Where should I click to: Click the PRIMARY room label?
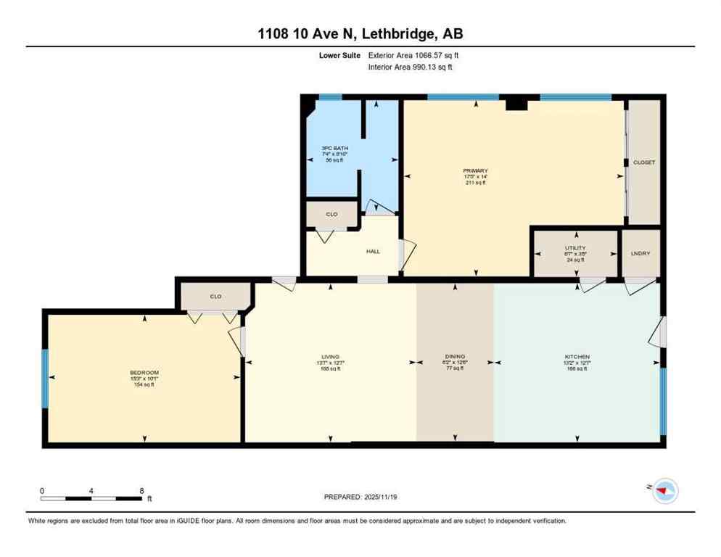[475, 170]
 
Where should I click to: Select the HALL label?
[373, 252]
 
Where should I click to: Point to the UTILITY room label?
[575, 248]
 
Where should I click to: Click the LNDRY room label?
[640, 253]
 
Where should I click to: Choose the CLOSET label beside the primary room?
[643, 162]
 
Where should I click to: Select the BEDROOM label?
[144, 373]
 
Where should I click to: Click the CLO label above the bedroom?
[215, 296]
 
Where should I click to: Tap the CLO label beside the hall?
[331, 215]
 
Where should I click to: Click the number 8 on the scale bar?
[141, 491]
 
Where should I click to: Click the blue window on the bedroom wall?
[45, 378]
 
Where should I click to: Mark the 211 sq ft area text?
[475, 183]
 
